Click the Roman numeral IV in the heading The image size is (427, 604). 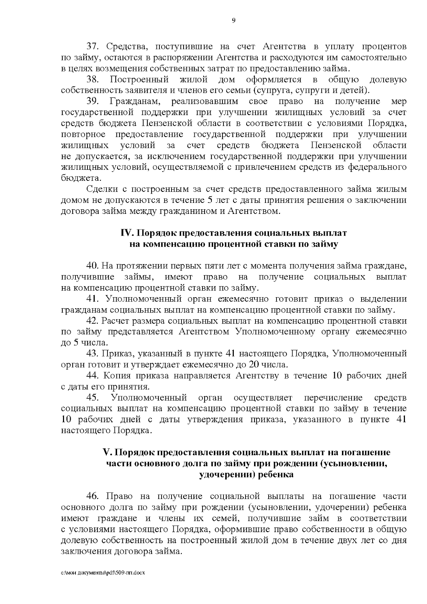127,233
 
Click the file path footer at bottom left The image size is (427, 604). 104,573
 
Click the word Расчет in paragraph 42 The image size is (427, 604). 114,321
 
